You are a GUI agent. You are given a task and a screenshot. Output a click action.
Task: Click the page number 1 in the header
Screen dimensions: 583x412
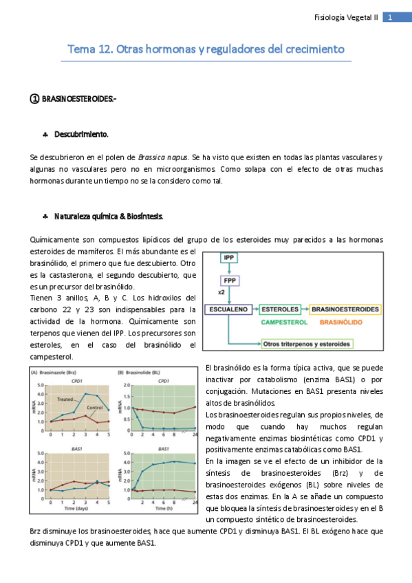(x=390, y=18)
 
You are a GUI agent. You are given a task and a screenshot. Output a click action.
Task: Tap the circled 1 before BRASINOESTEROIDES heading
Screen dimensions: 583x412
(x=35, y=99)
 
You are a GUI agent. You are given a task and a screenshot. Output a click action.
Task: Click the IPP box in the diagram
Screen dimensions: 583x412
(x=229, y=258)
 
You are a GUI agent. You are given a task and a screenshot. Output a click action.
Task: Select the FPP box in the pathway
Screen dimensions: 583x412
(x=229, y=282)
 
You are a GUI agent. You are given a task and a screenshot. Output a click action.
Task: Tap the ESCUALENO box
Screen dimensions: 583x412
(x=229, y=309)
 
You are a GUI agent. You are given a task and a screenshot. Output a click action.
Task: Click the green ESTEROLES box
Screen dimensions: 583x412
(x=280, y=309)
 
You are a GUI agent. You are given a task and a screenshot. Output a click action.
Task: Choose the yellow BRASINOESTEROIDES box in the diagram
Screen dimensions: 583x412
(x=345, y=309)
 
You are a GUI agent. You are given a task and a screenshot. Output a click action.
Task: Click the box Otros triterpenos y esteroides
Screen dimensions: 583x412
(x=305, y=342)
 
